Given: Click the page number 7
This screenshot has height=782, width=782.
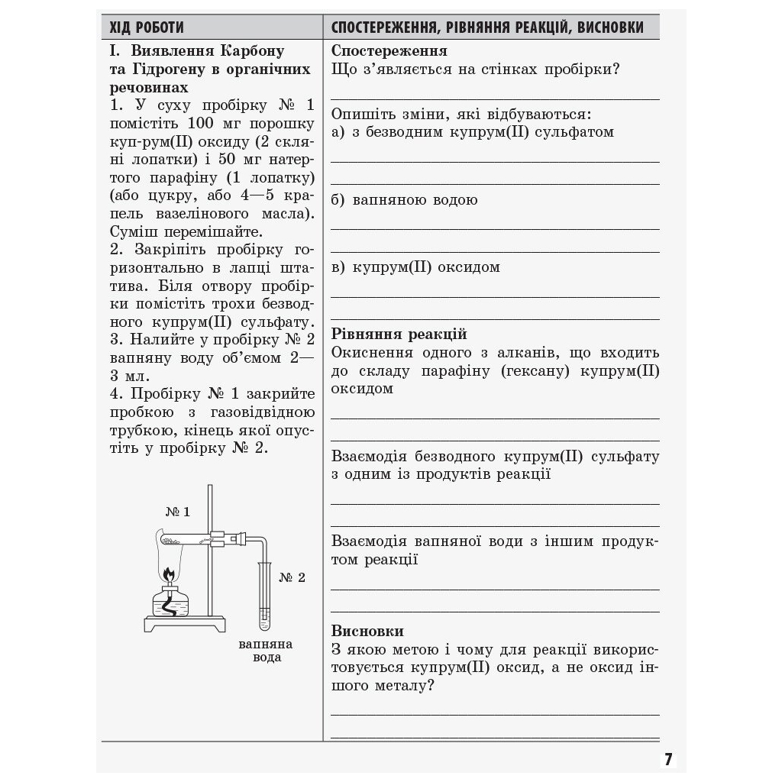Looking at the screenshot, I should [668, 759].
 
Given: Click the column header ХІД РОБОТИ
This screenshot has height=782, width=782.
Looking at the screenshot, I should [147, 27].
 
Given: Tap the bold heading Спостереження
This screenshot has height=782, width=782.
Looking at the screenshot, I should [389, 51].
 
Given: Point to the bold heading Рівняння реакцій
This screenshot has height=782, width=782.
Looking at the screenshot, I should [399, 334].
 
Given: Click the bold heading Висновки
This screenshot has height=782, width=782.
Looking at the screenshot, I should [367, 632].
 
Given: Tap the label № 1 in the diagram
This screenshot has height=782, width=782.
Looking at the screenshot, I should [177, 512].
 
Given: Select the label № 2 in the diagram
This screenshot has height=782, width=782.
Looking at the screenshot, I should [292, 577].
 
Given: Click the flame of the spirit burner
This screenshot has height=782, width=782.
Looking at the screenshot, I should [170, 572].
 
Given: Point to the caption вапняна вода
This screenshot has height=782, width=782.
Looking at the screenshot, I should [266, 650].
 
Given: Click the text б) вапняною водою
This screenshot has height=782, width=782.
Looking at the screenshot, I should [404, 200].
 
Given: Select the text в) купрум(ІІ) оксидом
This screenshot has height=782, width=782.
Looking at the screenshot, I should [415, 267].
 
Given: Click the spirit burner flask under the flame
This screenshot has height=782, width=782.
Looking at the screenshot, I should [170, 603].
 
